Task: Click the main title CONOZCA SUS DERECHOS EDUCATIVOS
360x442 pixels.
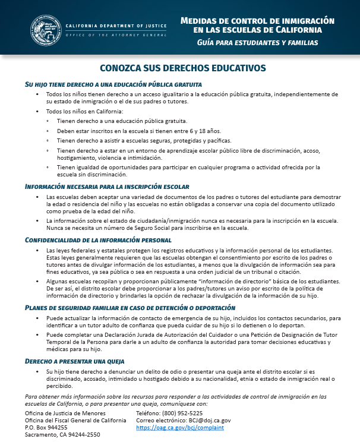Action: (x=179, y=68)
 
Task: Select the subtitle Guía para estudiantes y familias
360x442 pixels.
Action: (x=257, y=43)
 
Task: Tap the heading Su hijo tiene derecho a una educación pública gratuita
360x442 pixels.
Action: (x=113, y=84)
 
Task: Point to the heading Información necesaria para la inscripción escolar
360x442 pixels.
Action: (x=107, y=187)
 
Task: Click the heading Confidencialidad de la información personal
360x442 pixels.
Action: (x=98, y=240)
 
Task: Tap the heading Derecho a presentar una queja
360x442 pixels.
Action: (x=75, y=361)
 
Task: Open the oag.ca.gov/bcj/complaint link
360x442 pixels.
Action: (x=180, y=427)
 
